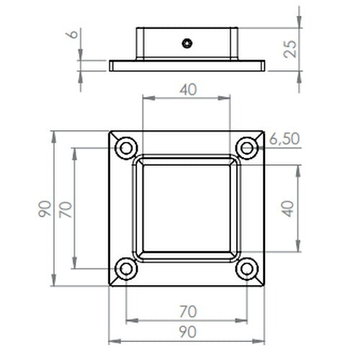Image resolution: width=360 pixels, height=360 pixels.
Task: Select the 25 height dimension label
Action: pos(290,49)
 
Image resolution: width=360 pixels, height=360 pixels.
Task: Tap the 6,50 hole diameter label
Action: pos(284,139)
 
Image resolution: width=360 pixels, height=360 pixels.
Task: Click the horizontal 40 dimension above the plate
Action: pos(189,89)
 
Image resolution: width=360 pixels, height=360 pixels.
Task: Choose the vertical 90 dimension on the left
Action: pos(45,209)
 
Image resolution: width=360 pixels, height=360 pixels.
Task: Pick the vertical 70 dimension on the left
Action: pos(66,210)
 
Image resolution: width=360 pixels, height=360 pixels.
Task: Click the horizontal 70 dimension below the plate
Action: pos(188,312)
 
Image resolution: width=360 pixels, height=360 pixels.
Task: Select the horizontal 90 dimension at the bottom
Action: pos(188,332)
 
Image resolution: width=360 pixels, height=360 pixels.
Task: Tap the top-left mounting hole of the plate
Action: pos(126,148)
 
